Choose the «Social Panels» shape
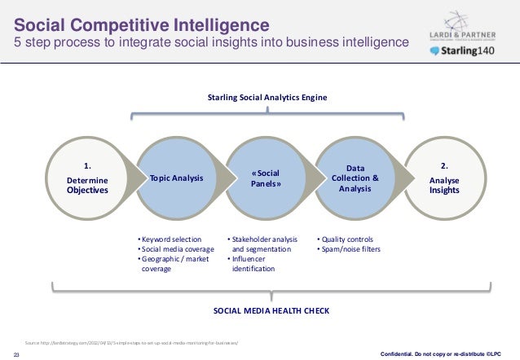[x=267, y=178]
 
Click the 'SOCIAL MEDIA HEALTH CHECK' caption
[x=267, y=312]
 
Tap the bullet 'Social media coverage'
[x=178, y=248]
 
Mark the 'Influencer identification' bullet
[x=256, y=263]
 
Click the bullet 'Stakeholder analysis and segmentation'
[x=262, y=244]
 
